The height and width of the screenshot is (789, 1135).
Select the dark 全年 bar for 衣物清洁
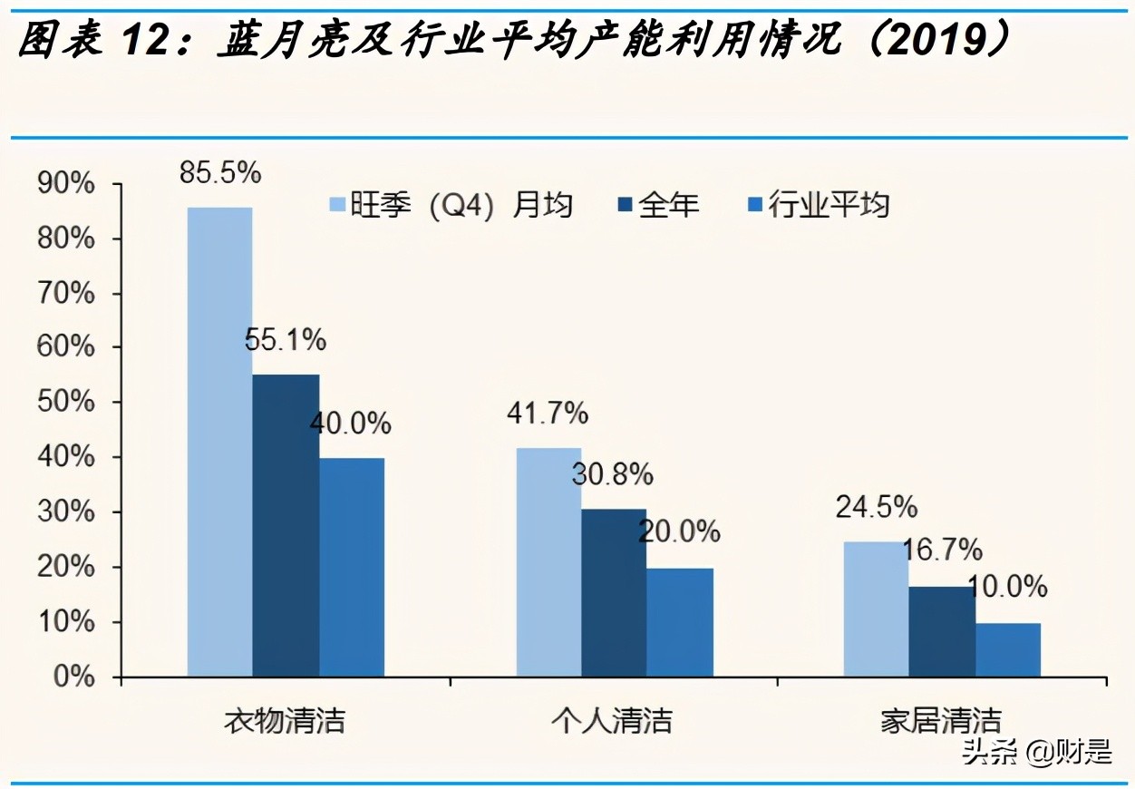[x=286, y=525]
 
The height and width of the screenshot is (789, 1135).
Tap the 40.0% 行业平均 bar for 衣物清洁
[x=352, y=567]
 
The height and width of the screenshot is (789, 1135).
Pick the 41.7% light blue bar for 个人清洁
[x=548, y=562]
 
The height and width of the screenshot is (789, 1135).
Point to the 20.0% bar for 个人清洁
[x=680, y=622]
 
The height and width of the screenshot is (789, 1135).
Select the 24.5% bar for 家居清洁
[x=876, y=609]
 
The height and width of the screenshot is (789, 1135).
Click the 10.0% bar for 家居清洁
[x=1008, y=649]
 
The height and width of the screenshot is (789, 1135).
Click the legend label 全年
[x=668, y=206]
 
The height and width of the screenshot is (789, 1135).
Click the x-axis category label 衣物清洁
[x=285, y=721]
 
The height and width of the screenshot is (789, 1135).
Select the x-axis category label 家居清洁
[x=941, y=721]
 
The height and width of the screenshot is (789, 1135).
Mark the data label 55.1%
[x=286, y=341]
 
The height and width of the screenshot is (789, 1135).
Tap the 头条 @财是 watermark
[x=1037, y=752]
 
